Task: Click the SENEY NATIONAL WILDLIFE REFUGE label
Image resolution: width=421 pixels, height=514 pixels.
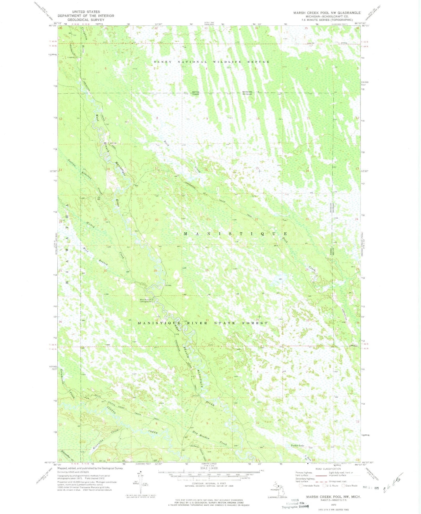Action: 212,62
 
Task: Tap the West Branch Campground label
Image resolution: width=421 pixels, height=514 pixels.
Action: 146,301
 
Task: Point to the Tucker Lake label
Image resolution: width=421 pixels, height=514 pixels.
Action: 297,446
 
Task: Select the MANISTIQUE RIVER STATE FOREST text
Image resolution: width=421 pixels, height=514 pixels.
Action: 203,323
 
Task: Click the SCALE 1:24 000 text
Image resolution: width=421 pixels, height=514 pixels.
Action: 209,468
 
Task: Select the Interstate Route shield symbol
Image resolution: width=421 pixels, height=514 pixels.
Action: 301,486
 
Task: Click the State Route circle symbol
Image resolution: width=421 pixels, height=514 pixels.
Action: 343,486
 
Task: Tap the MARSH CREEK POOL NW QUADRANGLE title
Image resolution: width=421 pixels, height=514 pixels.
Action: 327,13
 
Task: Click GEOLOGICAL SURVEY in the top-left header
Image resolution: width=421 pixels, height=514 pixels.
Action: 86,19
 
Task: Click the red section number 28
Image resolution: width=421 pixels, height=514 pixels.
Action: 207,270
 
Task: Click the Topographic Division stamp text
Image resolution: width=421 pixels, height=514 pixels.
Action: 295,506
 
